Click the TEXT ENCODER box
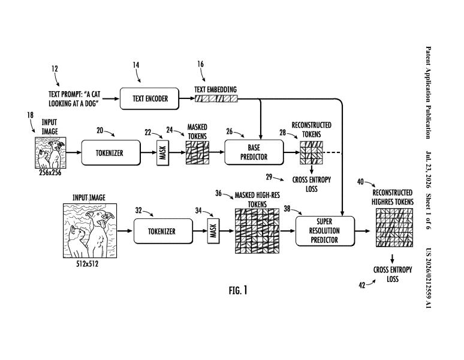pyautogui.click(x=149, y=98)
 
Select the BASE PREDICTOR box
pyautogui.click(x=254, y=152)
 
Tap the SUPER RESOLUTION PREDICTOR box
pyautogui.click(x=325, y=231)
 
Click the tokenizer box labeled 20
pyautogui.click(x=111, y=153)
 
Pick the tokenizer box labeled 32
pyautogui.click(x=163, y=231)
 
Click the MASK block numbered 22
pyautogui.click(x=162, y=153)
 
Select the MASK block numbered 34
pyautogui.click(x=213, y=231)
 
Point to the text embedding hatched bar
pyautogui.click(x=216, y=98)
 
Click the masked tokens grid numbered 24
pyautogui.click(x=197, y=152)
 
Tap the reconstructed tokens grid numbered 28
pyautogui.click(x=311, y=152)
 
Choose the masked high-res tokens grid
pyautogui.click(x=257, y=231)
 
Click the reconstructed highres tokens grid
pyautogui.click(x=394, y=227)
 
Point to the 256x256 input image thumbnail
pyautogui.click(x=50, y=153)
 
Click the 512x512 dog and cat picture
pyautogui.click(x=90, y=230)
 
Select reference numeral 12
pyautogui.click(x=55, y=69)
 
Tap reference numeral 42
pyautogui.click(x=362, y=285)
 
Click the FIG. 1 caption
pyautogui.click(x=238, y=290)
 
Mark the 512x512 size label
pyautogui.click(x=87, y=264)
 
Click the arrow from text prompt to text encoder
pyautogui.click(x=111, y=98)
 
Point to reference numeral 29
pyautogui.click(x=269, y=177)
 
